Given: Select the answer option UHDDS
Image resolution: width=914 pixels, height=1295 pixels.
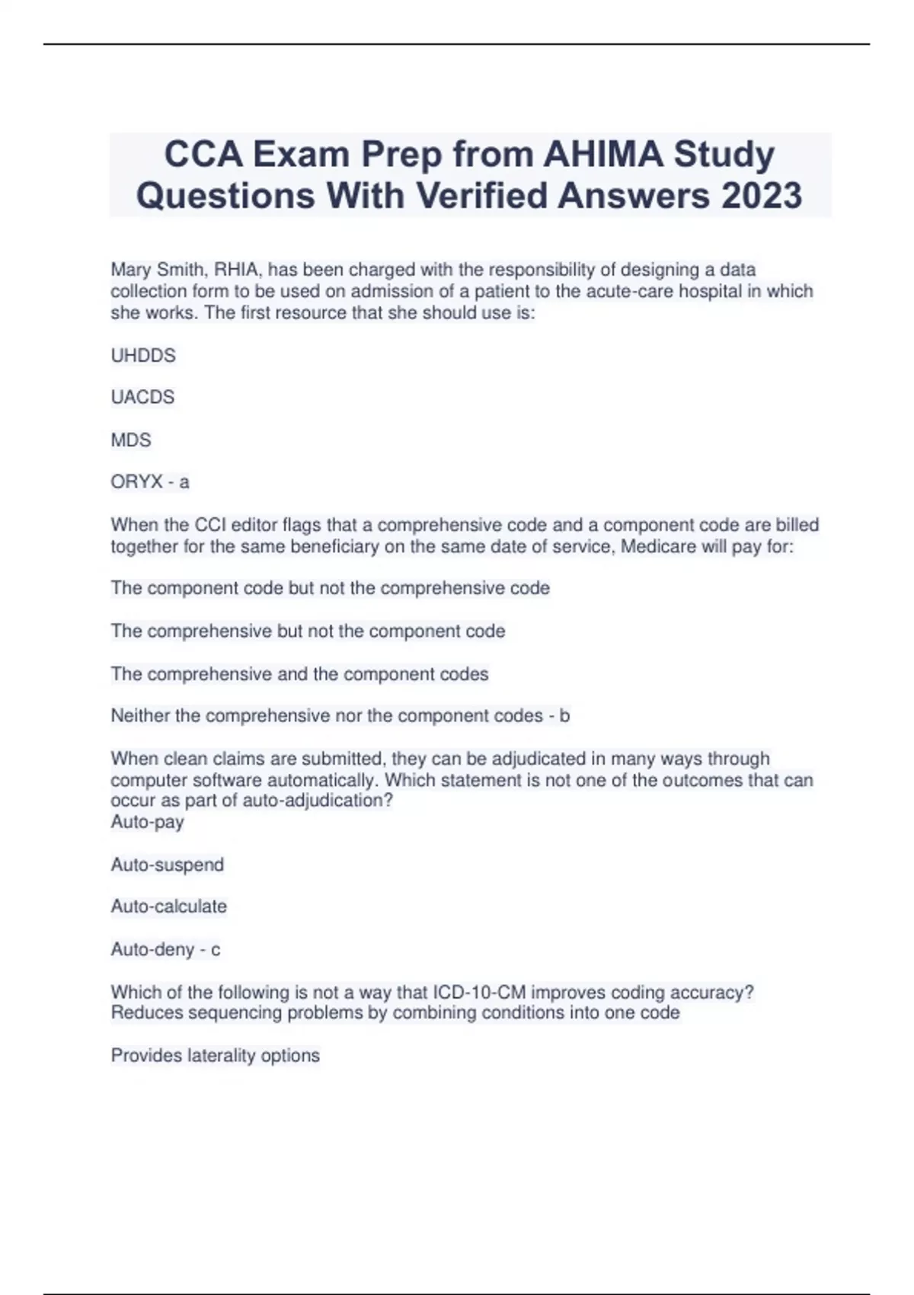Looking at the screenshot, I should [143, 355].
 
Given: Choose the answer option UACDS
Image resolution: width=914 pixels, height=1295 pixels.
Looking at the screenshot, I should [142, 397].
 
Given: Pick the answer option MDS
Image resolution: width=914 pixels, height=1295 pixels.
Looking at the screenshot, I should [131, 440].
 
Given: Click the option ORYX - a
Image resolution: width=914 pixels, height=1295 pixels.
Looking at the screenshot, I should [150, 481].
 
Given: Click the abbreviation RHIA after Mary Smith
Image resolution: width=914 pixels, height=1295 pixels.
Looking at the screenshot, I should [237, 270].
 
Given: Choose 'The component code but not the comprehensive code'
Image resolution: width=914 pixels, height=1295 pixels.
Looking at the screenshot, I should [330, 588].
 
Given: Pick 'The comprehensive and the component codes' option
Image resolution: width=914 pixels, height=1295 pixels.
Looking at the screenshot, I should [299, 673].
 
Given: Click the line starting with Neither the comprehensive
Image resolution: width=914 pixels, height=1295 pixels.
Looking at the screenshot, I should [340, 715].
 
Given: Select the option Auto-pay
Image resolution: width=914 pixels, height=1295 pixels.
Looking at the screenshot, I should [147, 822].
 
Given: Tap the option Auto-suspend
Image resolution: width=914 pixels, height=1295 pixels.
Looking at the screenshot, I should [168, 865].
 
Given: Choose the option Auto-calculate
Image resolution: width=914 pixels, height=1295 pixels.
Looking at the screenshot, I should [168, 906].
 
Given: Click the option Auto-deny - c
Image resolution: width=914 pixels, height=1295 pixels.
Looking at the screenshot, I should [165, 949].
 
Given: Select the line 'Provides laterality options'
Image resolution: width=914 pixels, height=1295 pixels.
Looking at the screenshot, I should [215, 1055].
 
